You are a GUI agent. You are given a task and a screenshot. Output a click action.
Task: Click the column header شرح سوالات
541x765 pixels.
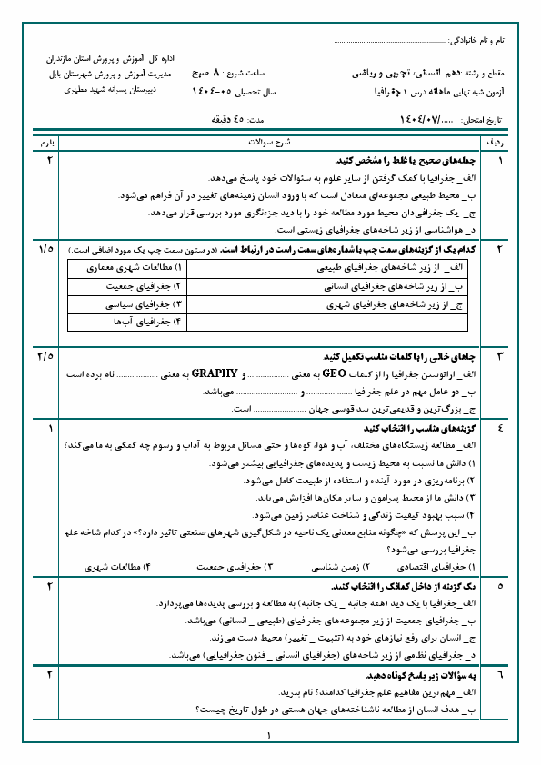(270, 143)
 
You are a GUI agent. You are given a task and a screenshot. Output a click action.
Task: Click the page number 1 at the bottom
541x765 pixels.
(270, 736)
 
